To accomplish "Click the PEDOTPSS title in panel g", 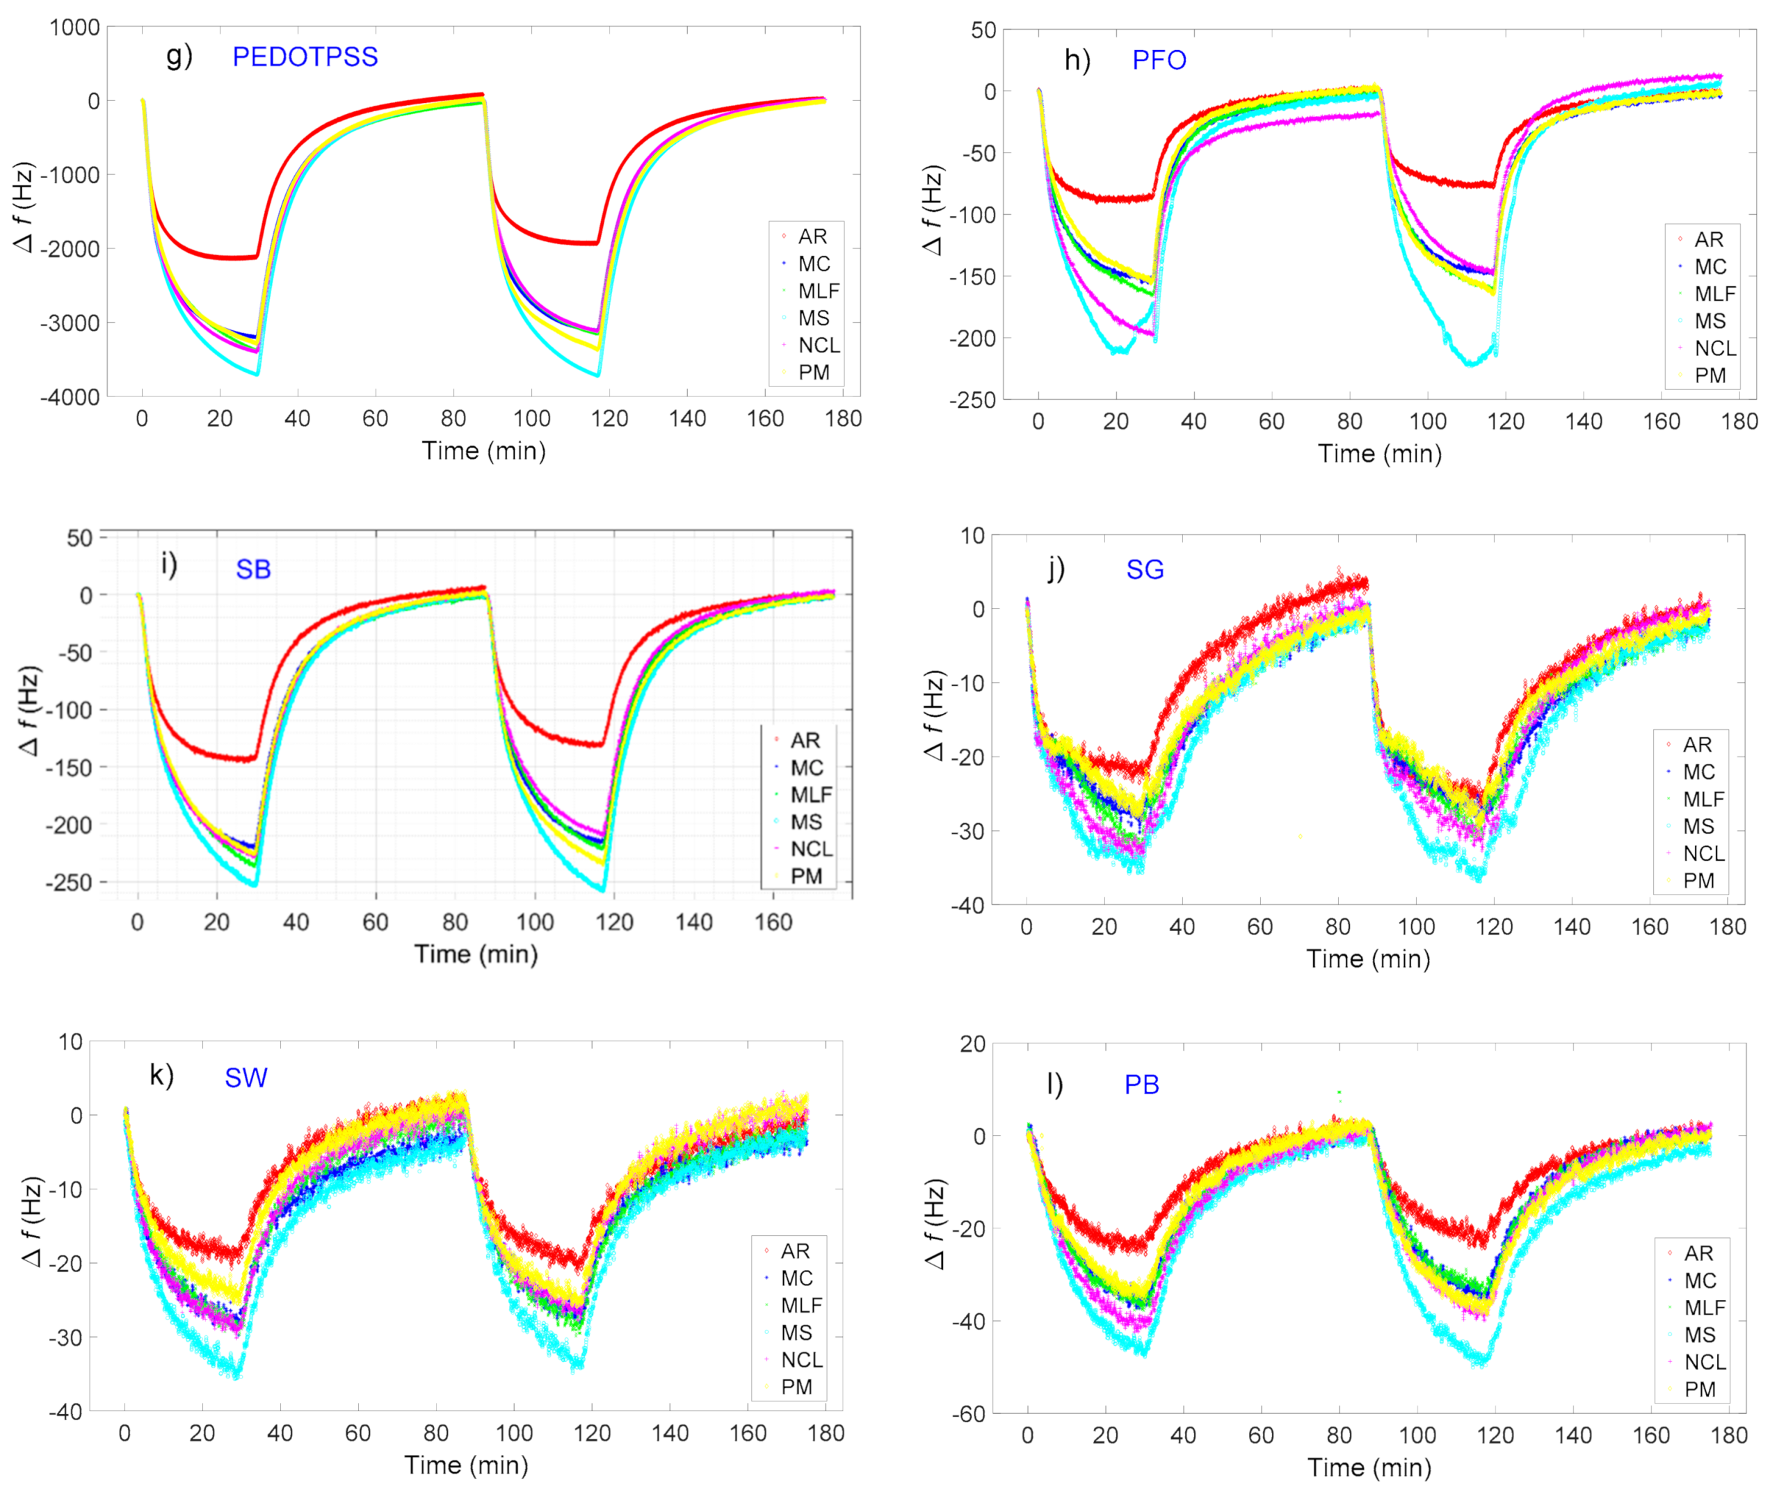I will click(x=305, y=56).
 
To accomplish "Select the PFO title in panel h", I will click(x=1159, y=60).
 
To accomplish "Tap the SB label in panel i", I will click(x=252, y=570).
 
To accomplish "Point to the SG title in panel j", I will click(x=1144, y=570).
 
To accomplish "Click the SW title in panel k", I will click(x=246, y=1078).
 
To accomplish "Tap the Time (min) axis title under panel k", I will click(x=466, y=1465).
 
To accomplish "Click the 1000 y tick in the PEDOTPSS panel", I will click(x=74, y=27).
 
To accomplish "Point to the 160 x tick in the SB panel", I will click(x=773, y=922).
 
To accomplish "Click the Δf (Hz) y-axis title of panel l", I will click(x=935, y=1224).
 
